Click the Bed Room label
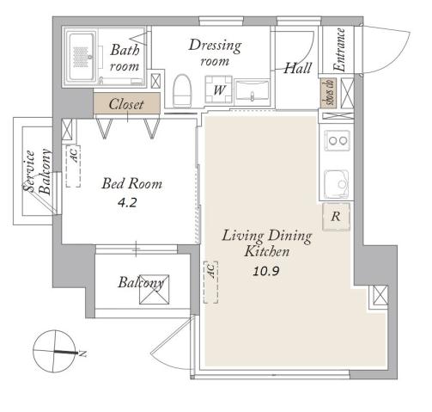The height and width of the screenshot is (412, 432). [131, 183]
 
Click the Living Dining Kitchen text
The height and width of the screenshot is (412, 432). [256, 243]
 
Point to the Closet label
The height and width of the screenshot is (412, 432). [127, 104]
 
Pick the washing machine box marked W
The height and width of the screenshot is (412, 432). [219, 89]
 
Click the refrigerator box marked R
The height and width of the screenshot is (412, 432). [336, 216]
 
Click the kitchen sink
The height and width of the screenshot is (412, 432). [336, 181]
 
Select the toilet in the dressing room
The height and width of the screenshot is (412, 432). [181, 89]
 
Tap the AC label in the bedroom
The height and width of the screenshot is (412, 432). [74, 157]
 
